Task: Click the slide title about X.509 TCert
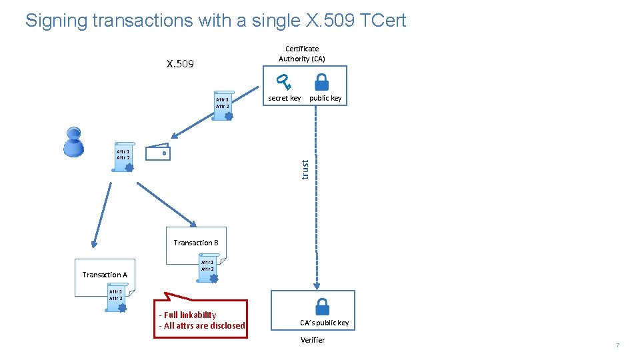pyautogui.click(x=215, y=20)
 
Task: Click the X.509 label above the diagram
pyautogui.click(x=180, y=64)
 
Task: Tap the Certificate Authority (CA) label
pyautogui.click(x=302, y=53)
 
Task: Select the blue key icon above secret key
pyautogui.click(x=285, y=83)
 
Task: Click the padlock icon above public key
pyautogui.click(x=321, y=82)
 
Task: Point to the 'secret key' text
pyautogui.click(x=284, y=98)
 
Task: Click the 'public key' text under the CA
pyautogui.click(x=325, y=98)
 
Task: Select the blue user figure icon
pyautogui.click(x=73, y=142)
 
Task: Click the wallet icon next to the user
pyautogui.click(x=158, y=152)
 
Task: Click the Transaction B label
pyautogui.click(x=196, y=243)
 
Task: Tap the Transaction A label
pyautogui.click(x=105, y=275)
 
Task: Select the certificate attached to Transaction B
pyautogui.click(x=208, y=269)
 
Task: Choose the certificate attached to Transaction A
pyautogui.click(x=117, y=298)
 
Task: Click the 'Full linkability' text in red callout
pyautogui.click(x=188, y=315)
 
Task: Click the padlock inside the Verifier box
pyautogui.click(x=322, y=306)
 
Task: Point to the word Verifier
pyautogui.click(x=313, y=340)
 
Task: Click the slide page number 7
pyautogui.click(x=617, y=345)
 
